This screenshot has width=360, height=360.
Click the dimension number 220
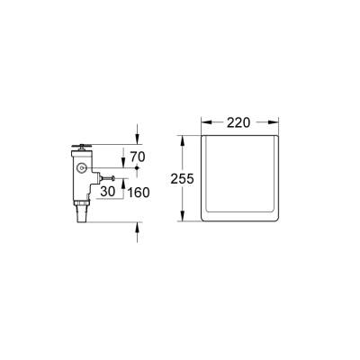click(x=238, y=121)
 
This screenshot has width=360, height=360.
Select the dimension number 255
click(x=182, y=178)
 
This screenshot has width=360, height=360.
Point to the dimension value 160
click(x=139, y=191)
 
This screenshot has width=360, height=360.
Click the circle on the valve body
click(x=84, y=169)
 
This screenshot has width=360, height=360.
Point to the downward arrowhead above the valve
click(x=137, y=139)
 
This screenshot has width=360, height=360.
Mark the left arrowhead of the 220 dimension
click(x=203, y=121)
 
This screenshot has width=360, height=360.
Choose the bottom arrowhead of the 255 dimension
click(x=182, y=221)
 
